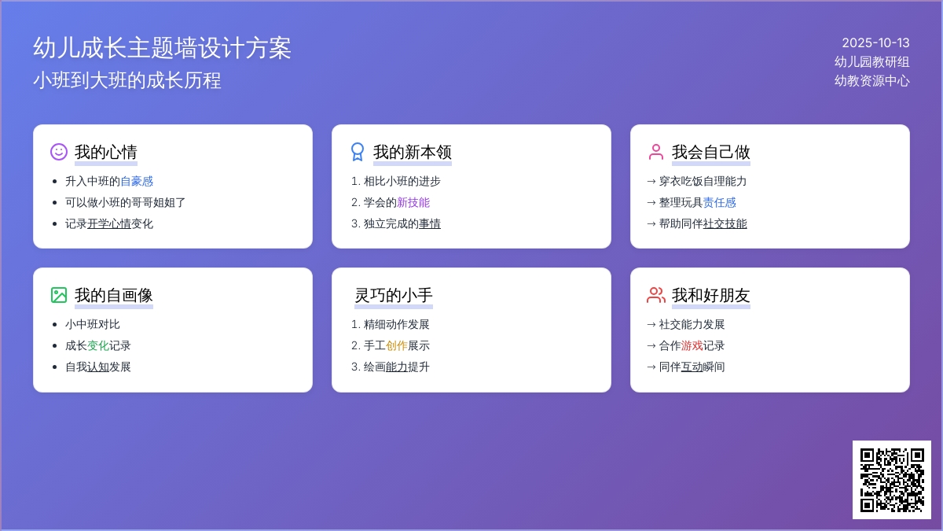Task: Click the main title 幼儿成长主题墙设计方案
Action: (x=162, y=48)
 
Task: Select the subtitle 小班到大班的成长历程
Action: (x=127, y=80)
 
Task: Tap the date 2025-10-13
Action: (x=875, y=43)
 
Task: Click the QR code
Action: (x=892, y=480)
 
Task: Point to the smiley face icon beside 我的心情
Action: (x=59, y=152)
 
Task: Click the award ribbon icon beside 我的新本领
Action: (x=358, y=152)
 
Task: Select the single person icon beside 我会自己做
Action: (x=656, y=152)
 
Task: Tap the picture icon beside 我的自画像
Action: (x=59, y=295)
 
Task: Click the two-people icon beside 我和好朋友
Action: (x=656, y=295)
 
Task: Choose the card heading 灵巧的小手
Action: (x=394, y=295)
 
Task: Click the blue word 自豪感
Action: (x=137, y=181)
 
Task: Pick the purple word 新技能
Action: (x=413, y=202)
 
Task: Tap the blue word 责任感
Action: (x=720, y=202)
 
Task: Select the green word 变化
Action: (x=98, y=345)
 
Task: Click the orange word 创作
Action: (x=397, y=345)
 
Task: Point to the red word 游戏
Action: (x=692, y=345)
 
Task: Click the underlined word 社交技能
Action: (x=725, y=223)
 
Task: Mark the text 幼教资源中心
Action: (x=871, y=80)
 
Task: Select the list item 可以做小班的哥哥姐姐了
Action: (x=125, y=202)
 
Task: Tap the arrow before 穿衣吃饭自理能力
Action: (x=651, y=181)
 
